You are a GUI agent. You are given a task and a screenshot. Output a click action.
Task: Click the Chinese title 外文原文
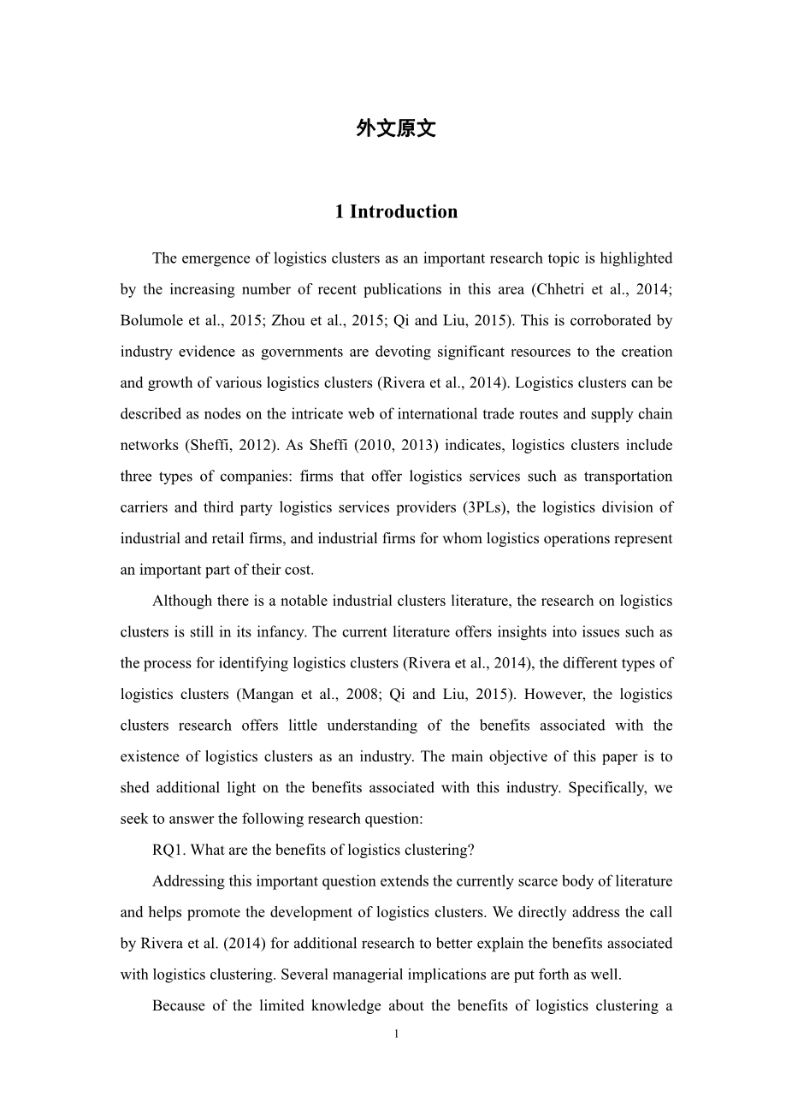pyautogui.click(x=396, y=129)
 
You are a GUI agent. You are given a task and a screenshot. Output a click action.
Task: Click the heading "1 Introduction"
pyautogui.click(x=396, y=212)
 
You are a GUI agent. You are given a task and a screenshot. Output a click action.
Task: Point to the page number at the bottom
pyautogui.click(x=396, y=1034)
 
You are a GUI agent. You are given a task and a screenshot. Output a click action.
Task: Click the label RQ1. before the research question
pyautogui.click(x=168, y=850)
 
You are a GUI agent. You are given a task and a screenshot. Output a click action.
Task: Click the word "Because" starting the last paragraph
pyautogui.click(x=177, y=1006)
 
